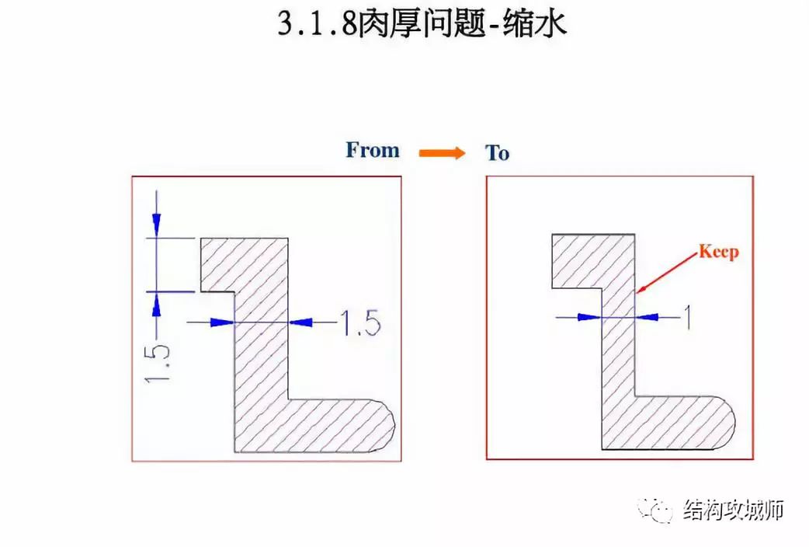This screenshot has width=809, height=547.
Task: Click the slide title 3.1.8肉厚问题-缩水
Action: pyautogui.click(x=422, y=24)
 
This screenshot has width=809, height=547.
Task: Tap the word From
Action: pyautogui.click(x=373, y=150)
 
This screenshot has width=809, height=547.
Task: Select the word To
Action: pyautogui.click(x=497, y=153)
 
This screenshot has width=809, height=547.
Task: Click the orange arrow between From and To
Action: pyautogui.click(x=442, y=153)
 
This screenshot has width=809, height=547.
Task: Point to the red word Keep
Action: pyautogui.click(x=719, y=252)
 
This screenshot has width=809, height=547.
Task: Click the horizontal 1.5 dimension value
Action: pyautogui.click(x=361, y=322)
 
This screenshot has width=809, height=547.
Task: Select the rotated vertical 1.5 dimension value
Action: pyautogui.click(x=157, y=364)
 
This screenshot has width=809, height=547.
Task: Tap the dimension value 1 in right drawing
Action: pyautogui.click(x=687, y=317)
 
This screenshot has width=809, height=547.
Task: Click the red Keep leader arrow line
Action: pyautogui.click(x=667, y=272)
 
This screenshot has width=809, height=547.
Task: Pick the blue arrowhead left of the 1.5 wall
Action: pyautogui.click(x=222, y=322)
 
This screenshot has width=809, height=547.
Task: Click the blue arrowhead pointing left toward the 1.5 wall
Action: pyautogui.click(x=300, y=322)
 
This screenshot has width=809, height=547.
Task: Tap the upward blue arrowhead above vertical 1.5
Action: pyautogui.click(x=156, y=305)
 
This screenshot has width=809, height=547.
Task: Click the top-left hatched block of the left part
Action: pyautogui.click(x=244, y=265)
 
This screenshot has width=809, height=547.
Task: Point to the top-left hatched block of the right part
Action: pyautogui.click(x=593, y=261)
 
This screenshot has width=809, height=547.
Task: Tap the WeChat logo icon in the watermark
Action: pyautogui.click(x=656, y=510)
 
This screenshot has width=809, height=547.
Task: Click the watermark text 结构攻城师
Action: pyautogui.click(x=734, y=510)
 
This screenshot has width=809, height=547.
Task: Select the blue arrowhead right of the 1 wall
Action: pyautogui.click(x=647, y=317)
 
